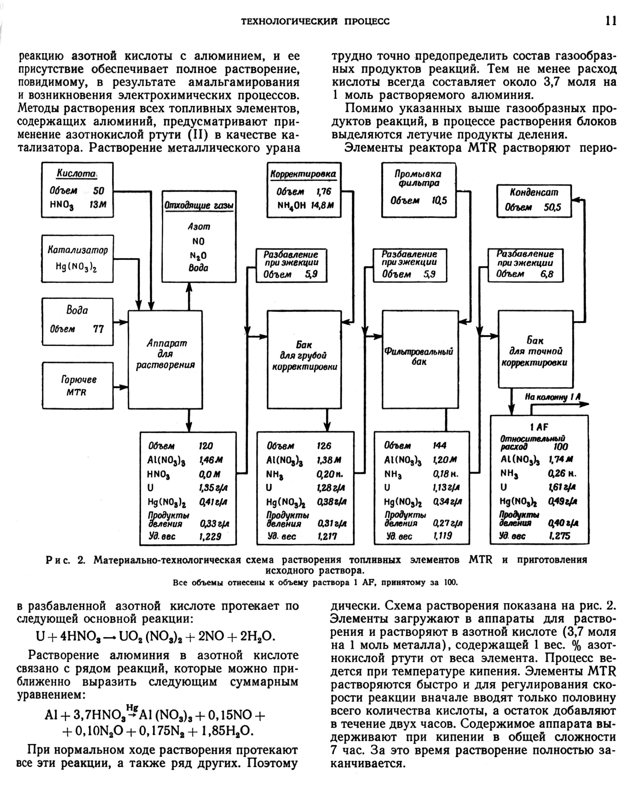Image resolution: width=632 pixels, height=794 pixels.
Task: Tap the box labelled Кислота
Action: [77, 190]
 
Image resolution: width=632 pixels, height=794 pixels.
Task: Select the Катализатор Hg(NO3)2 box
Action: [77, 259]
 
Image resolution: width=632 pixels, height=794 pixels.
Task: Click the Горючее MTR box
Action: [77, 386]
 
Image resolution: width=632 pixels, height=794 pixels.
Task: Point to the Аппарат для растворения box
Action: [165, 359]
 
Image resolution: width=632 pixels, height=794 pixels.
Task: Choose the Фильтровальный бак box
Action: [419, 359]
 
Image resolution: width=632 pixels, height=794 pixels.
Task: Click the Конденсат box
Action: [534, 201]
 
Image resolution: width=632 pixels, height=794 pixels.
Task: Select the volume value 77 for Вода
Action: [98, 329]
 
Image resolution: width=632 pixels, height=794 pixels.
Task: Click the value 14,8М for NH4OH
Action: [322, 205]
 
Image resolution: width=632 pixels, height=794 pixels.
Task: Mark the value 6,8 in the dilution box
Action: [547, 274]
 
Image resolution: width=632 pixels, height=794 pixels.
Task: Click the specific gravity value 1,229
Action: [210, 536]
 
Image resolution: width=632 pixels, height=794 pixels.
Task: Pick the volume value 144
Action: [440, 446]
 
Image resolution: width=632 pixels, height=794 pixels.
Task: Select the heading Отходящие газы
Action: [199, 205]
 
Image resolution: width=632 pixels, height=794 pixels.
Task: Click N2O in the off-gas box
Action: [199, 255]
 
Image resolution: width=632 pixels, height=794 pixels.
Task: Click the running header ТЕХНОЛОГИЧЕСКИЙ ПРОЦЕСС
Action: [315, 21]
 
